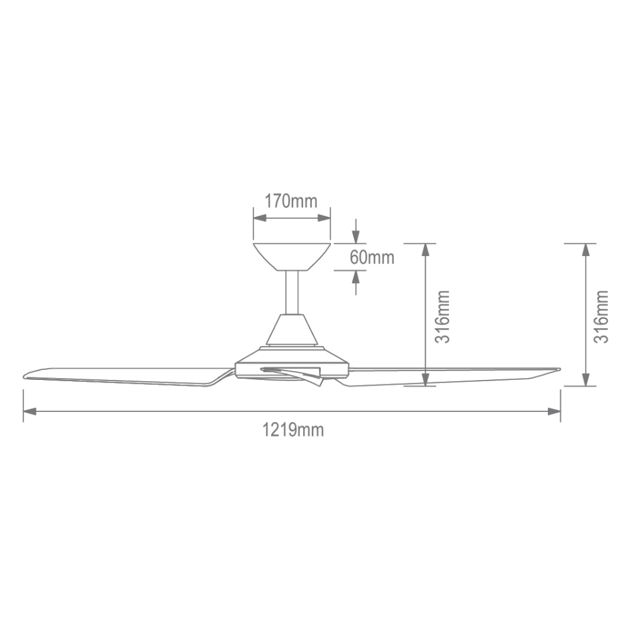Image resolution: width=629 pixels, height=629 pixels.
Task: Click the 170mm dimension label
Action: pyautogui.click(x=291, y=201)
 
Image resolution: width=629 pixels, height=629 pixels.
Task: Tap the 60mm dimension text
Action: pyautogui.click(x=372, y=257)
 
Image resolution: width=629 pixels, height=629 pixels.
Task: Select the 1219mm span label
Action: pyautogui.click(x=292, y=430)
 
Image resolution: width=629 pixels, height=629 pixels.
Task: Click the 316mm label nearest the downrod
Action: pyautogui.click(x=444, y=316)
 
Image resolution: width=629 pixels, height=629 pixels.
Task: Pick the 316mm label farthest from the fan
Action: pyautogui.click(x=603, y=316)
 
